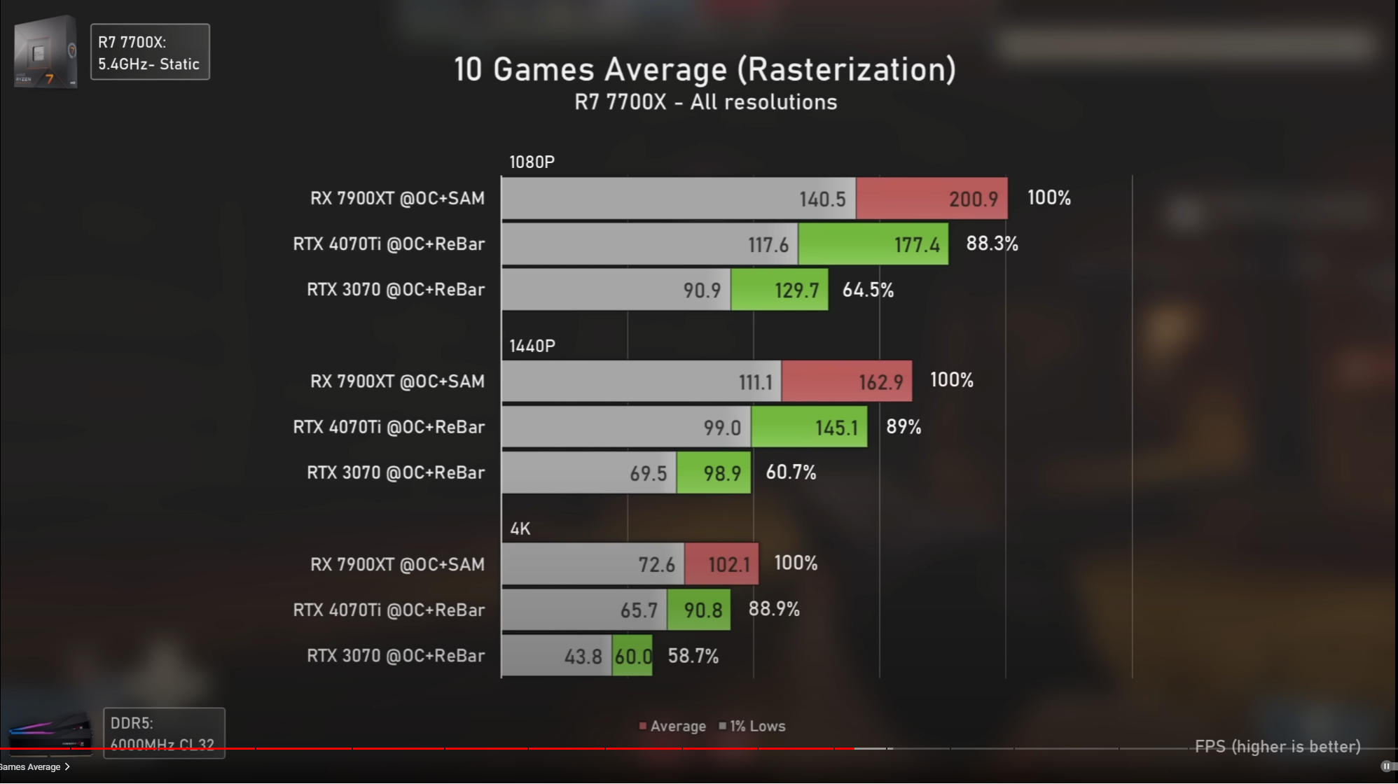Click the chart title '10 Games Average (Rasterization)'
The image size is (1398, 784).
pyautogui.click(x=705, y=69)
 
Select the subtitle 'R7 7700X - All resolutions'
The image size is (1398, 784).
pyautogui.click(x=705, y=102)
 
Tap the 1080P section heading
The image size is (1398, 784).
pyautogui.click(x=532, y=162)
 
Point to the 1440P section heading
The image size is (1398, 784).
pyautogui.click(x=532, y=346)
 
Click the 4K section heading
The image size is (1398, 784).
pyautogui.click(x=520, y=528)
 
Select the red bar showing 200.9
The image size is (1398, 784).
pyautogui.click(x=932, y=199)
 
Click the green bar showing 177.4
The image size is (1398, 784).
pyautogui.click(x=873, y=244)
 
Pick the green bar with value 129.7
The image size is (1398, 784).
pyautogui.click(x=779, y=290)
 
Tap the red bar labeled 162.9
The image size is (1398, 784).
pyautogui.click(x=846, y=381)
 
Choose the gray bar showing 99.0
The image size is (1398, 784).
pyautogui.click(x=625, y=427)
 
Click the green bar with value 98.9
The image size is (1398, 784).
pyautogui.click(x=713, y=473)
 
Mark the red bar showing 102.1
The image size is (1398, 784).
pyautogui.click(x=721, y=564)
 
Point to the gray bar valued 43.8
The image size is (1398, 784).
pyautogui.click(x=556, y=656)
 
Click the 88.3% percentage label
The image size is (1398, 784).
pyautogui.click(x=992, y=244)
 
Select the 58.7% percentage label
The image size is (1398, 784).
pyautogui.click(x=693, y=656)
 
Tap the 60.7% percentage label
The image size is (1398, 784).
pyautogui.click(x=791, y=472)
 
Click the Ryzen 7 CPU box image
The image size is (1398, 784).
pyautogui.click(x=46, y=52)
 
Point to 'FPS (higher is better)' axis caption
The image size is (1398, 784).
pyautogui.click(x=1278, y=747)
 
